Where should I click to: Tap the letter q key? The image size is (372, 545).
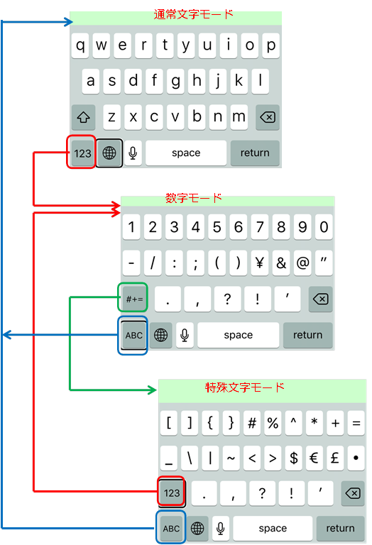80,45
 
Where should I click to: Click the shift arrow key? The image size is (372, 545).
84,117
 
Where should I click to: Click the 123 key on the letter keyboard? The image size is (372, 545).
82,153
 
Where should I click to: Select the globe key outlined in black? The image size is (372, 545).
109,153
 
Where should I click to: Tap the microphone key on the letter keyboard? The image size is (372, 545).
133,153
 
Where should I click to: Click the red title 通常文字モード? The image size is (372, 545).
193,14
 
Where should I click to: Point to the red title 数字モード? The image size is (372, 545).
193,198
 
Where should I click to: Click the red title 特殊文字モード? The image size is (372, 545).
245,387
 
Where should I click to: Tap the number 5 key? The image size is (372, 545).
217,227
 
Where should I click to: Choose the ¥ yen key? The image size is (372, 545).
260,263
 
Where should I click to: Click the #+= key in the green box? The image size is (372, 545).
134,299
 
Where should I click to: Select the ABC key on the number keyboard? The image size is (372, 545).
134,336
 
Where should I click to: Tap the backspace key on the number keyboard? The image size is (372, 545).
321,299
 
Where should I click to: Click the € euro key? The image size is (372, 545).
314,458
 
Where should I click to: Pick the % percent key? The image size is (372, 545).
273,423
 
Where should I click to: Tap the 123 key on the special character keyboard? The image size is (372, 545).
172,493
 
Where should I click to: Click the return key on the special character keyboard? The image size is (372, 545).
340,528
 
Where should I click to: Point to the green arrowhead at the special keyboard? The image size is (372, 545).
152,390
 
